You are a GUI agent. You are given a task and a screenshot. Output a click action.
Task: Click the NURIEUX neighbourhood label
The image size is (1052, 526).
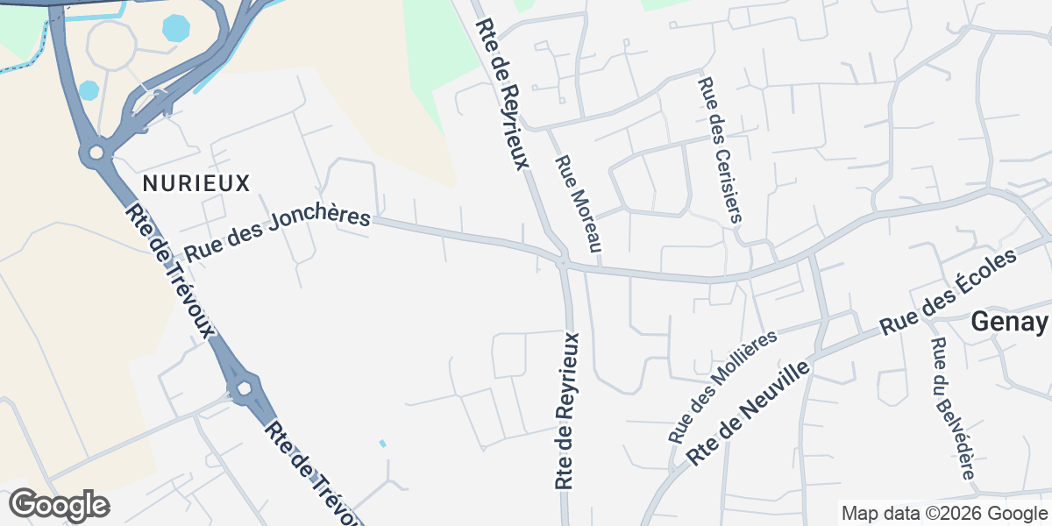[x=196, y=183]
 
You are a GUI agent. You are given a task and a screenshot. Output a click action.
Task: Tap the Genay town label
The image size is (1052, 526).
[x=1008, y=323]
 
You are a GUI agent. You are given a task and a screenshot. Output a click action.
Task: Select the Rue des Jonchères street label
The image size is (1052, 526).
[x=277, y=234]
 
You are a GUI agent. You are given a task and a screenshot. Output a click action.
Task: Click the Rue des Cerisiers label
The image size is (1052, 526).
[x=720, y=149]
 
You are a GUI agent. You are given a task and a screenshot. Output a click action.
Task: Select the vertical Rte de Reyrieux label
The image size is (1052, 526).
[x=566, y=410]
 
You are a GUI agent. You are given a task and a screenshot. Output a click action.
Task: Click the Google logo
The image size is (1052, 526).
[x=60, y=506]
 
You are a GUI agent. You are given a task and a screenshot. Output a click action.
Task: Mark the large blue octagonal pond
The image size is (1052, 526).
[x=176, y=27]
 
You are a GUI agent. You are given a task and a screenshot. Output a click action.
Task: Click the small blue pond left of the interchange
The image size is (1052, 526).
[x=89, y=90]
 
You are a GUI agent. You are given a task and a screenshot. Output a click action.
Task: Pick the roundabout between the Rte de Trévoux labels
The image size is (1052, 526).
[x=243, y=387]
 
